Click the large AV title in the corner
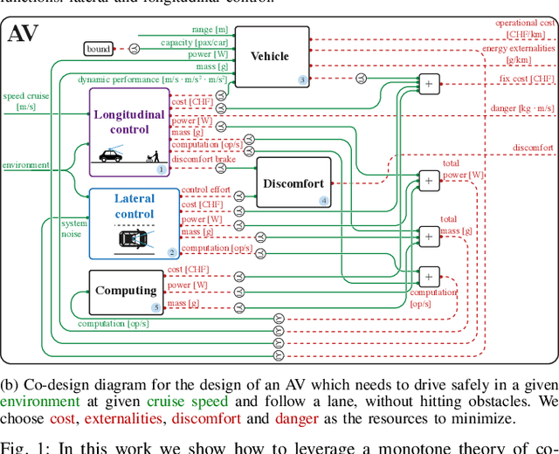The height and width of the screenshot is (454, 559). pos(23,34)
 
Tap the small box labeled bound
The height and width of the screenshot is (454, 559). pos(99,49)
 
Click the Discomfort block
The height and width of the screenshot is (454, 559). pos(293,183)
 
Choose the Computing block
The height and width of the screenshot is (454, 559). pos(126,291)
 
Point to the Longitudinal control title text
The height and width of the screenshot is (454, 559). pos(129,121)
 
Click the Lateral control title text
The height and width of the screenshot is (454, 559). pos(134,206)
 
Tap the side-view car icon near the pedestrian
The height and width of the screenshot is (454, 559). pos(110,155)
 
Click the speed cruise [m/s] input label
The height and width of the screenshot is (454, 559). pos(25,100)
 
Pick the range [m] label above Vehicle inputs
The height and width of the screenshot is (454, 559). pos(210,30)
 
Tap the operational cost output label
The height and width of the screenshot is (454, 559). pos(524,29)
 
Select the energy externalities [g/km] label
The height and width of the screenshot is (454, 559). pos(519,54)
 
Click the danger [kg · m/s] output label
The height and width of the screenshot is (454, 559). pos(522,107)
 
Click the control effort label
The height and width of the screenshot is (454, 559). pos(205,190)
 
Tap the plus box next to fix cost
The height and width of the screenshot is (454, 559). pos(428,84)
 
